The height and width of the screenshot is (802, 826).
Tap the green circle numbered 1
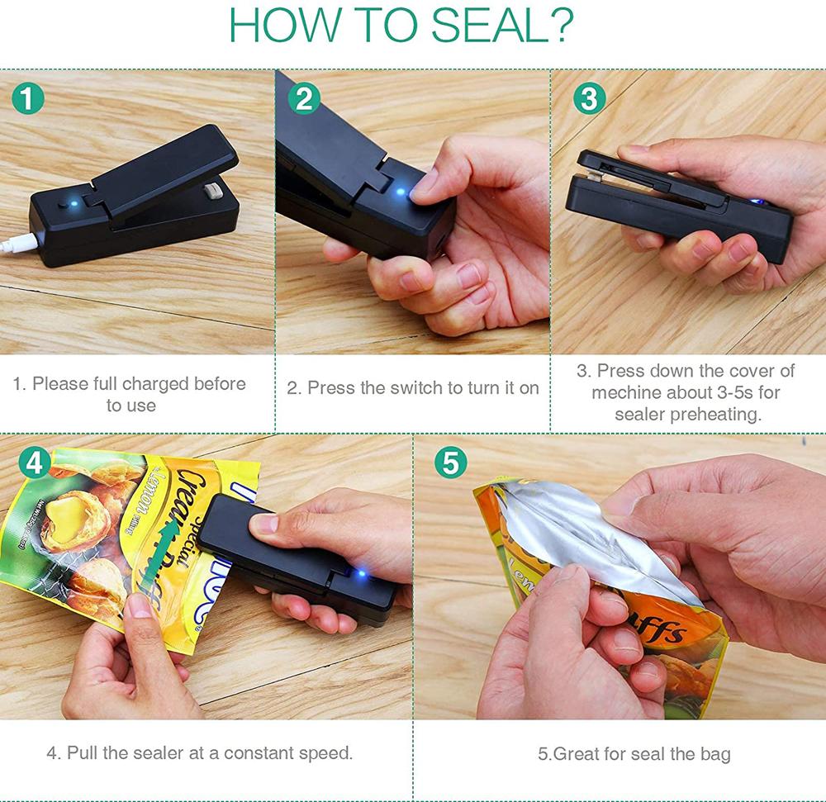click(x=28, y=101)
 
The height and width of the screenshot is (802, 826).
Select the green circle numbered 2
click(x=305, y=99)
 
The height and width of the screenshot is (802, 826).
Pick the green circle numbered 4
click(x=35, y=463)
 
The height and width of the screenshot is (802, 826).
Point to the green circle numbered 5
click(x=450, y=463)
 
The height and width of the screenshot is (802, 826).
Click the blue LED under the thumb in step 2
click(x=401, y=193)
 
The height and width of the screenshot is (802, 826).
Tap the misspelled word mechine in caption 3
click(x=626, y=392)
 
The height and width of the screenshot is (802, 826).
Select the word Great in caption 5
click(x=577, y=754)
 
